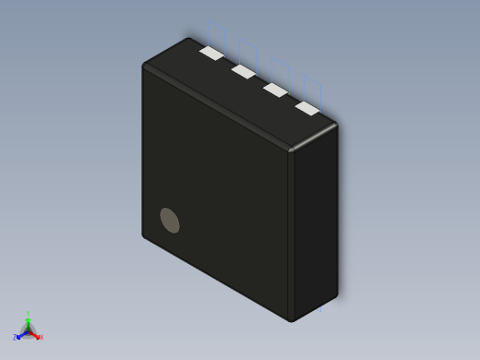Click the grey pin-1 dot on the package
click(x=170, y=220)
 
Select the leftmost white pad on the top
click(x=211, y=53)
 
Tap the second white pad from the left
click(x=244, y=71)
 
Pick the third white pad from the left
click(x=275, y=90)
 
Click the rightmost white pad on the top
click(x=307, y=108)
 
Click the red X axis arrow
click(x=36, y=335)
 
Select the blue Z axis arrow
click(x=19, y=334)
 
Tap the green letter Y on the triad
click(x=29, y=314)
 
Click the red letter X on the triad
click(x=42, y=337)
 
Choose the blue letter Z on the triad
click(x=15, y=337)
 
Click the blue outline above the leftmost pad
click(x=212, y=32)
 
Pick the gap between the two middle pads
click(x=259, y=80)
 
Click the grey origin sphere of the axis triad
click(x=28, y=330)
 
